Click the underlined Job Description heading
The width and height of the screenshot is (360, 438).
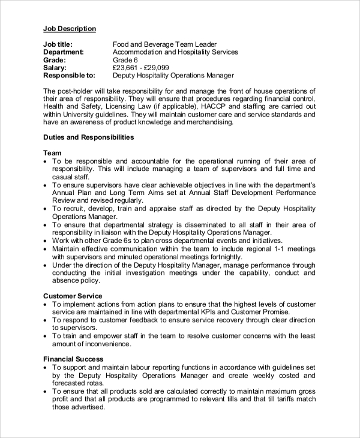pyautogui.click(x=69, y=28)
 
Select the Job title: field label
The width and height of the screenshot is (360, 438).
pyautogui.click(x=59, y=44)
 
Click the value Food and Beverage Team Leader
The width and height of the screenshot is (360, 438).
pyautogui.click(x=164, y=44)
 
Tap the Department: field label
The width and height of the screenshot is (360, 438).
pyautogui.click(x=63, y=52)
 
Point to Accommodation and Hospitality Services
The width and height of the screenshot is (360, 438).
pyautogui.click(x=175, y=52)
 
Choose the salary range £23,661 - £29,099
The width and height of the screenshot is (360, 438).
pyautogui.click(x=141, y=68)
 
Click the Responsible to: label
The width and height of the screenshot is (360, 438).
pyautogui.click(x=69, y=76)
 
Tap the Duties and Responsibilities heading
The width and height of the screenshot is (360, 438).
pyautogui.click(x=88, y=137)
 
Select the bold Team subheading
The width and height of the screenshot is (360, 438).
pyautogui.click(x=53, y=153)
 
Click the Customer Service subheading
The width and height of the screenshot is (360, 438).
pyautogui.click(x=73, y=296)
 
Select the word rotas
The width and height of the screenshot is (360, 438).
pyautogui.click(x=97, y=383)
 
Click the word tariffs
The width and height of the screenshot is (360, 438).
pyautogui.click(x=279, y=398)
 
